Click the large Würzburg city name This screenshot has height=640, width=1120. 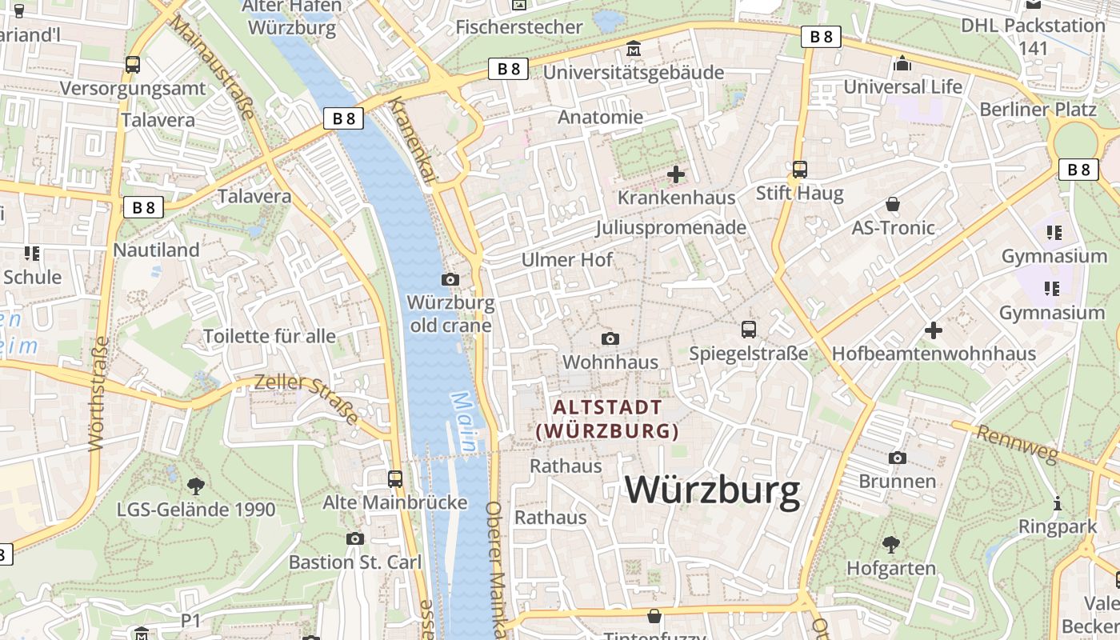[712, 490]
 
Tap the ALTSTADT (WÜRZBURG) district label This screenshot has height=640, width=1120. [607, 419]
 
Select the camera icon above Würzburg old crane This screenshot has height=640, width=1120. [450, 279]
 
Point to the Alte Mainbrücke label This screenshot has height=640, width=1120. [394, 502]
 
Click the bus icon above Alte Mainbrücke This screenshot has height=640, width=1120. [394, 478]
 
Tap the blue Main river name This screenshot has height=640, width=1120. [463, 422]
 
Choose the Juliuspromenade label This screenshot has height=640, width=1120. [670, 228]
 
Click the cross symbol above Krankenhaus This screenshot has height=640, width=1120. [676, 174]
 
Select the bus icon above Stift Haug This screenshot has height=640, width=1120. [799, 169]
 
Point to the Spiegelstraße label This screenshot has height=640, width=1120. [748, 353]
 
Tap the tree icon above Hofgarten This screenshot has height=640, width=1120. [890, 545]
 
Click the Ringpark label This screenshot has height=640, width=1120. [1058, 527]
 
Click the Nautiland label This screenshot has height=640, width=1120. [156, 250]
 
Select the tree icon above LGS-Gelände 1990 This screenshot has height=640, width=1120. [195, 486]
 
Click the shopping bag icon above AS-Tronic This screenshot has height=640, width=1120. [893, 205]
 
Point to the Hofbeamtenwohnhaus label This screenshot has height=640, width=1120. [934, 354]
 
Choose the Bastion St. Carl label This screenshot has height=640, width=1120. [354, 562]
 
